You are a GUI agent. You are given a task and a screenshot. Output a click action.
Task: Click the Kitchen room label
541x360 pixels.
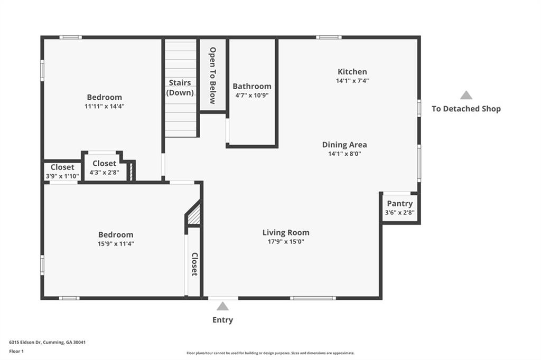pos(352,72)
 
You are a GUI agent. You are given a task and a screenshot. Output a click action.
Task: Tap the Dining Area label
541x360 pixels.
pos(344,145)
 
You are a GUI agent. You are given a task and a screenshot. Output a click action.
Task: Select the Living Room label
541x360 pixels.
pos(286,232)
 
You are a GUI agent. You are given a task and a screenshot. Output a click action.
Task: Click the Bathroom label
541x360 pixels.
pos(252,86)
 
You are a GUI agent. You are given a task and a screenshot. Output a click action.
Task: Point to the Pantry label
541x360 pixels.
pos(400,204)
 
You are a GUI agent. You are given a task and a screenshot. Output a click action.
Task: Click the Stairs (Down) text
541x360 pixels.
pos(180,88)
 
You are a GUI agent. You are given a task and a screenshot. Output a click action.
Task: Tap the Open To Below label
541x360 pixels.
pos(213,75)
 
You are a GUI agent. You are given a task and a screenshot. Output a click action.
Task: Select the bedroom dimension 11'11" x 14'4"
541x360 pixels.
pos(105,106)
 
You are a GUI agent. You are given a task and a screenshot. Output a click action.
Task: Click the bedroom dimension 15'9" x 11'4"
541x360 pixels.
pos(116,244)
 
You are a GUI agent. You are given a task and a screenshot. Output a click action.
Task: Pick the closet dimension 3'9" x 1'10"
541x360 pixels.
pos(62,176)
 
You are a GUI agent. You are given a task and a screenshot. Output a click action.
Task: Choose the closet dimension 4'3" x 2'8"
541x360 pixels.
pos(105,172)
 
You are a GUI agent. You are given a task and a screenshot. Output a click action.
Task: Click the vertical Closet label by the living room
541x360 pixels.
pos(194,264)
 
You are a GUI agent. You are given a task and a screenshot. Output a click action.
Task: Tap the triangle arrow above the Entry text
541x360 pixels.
pos(223,306)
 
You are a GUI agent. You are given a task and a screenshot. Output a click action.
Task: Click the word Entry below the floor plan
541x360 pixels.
pos(222,320)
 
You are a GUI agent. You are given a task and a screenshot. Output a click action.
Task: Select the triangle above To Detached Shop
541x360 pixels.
pos(466,95)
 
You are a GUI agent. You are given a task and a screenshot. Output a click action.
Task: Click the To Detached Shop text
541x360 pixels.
pos(466,109)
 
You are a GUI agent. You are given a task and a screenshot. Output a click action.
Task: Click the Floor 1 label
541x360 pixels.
pos(17,350)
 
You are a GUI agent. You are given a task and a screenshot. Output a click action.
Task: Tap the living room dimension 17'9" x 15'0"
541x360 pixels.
pos(286,242)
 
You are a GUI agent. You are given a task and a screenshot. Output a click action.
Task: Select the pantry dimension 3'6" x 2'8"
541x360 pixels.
pos(400,213)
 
